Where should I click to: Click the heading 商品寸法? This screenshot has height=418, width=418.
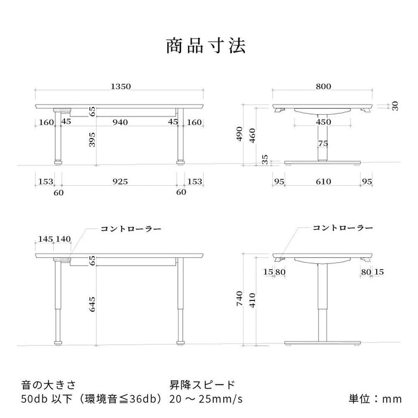[206, 46]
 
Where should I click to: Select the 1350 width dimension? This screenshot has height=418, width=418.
[121, 87]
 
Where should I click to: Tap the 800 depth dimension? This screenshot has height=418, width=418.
[324, 87]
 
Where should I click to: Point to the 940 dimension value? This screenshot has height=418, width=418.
[120, 122]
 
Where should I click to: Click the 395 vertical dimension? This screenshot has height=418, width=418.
[92, 139]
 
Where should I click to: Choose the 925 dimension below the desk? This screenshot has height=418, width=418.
[120, 182]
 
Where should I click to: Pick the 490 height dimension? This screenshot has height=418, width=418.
[239, 134]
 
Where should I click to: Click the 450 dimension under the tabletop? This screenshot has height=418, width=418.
[324, 122]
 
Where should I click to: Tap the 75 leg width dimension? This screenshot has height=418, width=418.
[323, 144]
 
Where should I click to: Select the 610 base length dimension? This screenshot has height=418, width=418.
[324, 182]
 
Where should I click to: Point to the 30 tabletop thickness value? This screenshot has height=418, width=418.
[395, 106]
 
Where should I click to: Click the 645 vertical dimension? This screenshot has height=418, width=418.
[92, 305]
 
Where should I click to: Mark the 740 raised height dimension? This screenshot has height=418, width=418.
[239, 299]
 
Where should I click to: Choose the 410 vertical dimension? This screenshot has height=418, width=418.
[252, 300]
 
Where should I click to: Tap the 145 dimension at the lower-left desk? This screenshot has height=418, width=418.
[45, 239]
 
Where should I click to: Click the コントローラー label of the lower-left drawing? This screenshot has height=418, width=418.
[131, 229]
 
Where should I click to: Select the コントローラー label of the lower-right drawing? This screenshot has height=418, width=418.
[343, 228]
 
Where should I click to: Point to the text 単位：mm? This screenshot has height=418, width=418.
[375, 399]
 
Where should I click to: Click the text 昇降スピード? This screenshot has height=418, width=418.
[202, 385]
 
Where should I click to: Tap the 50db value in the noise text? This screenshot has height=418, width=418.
[34, 399]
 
